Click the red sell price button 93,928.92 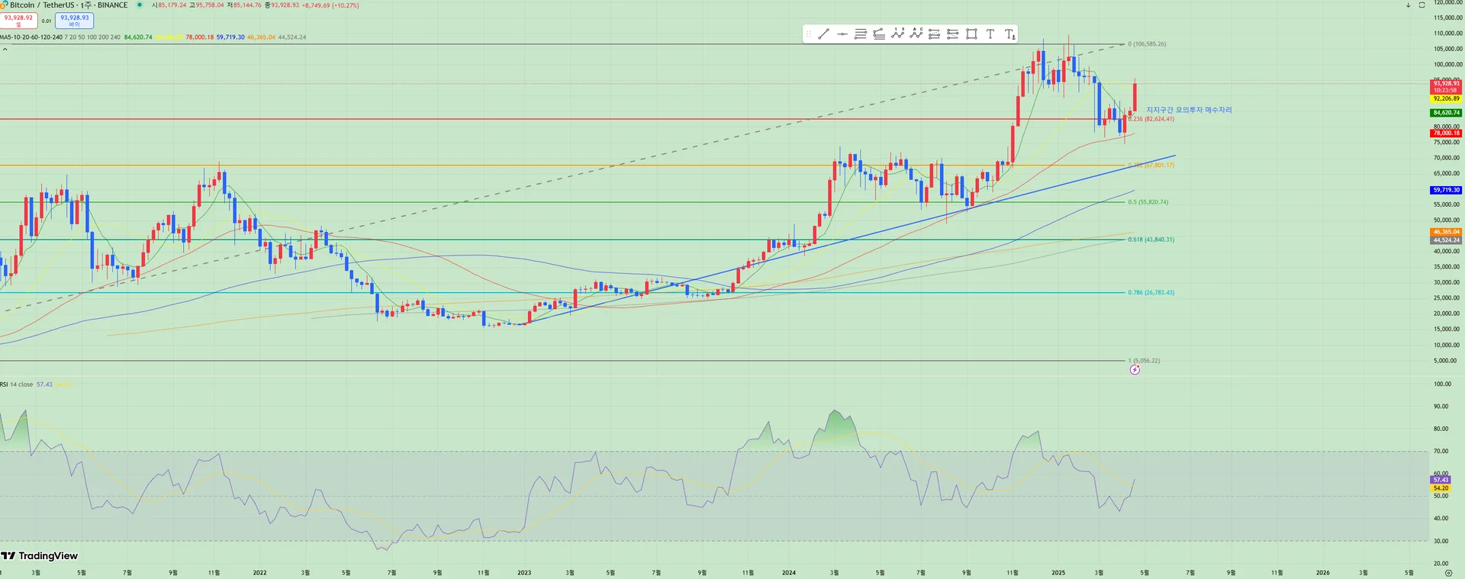coord(18,20)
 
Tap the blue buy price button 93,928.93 coord(74,20)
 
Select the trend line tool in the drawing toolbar coord(823,34)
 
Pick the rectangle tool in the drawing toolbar coord(971,34)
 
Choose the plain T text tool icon coord(990,34)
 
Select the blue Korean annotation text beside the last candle coord(1189,110)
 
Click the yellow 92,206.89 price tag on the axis coord(1446,98)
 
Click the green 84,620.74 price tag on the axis coord(1446,113)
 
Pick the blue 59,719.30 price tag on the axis coord(1446,190)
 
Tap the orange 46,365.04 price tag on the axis coord(1446,232)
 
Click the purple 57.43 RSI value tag coord(1441,480)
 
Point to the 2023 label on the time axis coord(524,572)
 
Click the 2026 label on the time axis coord(1322,572)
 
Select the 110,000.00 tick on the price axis coord(1447,34)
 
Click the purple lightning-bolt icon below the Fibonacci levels coord(1135,370)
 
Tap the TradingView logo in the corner coord(40,555)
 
